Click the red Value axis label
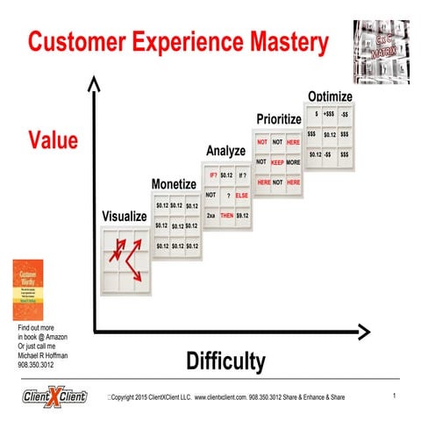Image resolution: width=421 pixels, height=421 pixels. [x=53, y=139]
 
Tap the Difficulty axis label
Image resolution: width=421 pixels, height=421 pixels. [x=225, y=360]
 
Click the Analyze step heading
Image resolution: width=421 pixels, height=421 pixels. [x=225, y=152]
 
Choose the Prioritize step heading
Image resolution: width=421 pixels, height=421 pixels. [x=279, y=118]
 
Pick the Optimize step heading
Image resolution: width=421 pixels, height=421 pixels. [x=330, y=96]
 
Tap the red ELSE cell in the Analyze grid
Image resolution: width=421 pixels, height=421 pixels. [x=243, y=195]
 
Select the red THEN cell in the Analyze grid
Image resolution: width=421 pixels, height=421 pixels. [x=226, y=215]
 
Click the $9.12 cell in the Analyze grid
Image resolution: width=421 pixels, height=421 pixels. [x=243, y=215]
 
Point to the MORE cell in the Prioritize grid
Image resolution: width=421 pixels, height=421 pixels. [x=295, y=162]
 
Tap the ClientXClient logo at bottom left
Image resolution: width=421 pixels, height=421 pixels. [x=55, y=398]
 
